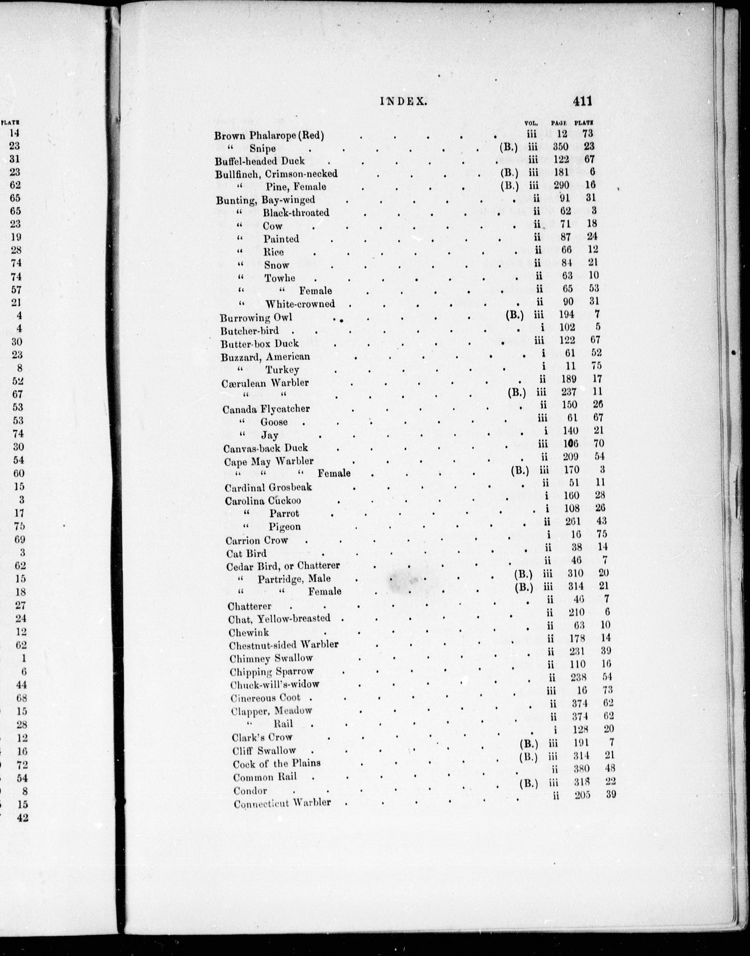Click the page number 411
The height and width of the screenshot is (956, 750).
coord(582,101)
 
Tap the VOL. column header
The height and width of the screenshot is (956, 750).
coord(531,123)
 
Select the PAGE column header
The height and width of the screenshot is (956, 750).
coord(559,123)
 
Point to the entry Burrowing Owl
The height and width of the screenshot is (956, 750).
coord(256,318)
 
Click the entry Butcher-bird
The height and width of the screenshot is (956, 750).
coord(250,331)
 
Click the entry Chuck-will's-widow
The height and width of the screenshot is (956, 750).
coord(275,684)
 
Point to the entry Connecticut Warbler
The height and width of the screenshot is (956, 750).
coord(282,803)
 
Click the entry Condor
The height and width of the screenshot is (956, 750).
coord(250,790)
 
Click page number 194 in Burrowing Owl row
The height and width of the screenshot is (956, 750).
coord(566,314)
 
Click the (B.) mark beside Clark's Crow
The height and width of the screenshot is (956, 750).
coord(528,743)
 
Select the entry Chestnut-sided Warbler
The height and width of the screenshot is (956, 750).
coord(284,645)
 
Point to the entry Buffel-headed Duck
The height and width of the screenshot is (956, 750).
coord(260,160)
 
